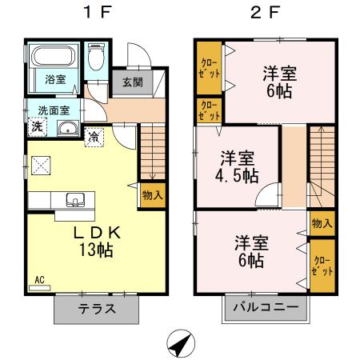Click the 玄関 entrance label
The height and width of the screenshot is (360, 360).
tap(133, 81)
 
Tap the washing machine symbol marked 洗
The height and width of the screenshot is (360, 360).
tap(38, 127)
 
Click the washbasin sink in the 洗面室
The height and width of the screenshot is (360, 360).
tap(66, 129)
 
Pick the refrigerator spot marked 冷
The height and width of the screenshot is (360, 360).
tap(95, 135)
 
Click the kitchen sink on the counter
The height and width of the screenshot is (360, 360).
tap(77, 199)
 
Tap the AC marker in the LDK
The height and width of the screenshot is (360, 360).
tap(39, 281)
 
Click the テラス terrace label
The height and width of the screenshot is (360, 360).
tap(97, 308)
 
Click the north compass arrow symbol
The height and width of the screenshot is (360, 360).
tap(182, 344)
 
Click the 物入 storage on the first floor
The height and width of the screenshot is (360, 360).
tap(152, 194)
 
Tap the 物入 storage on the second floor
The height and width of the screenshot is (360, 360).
tap(322, 223)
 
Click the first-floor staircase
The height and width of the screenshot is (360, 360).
tap(150, 152)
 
